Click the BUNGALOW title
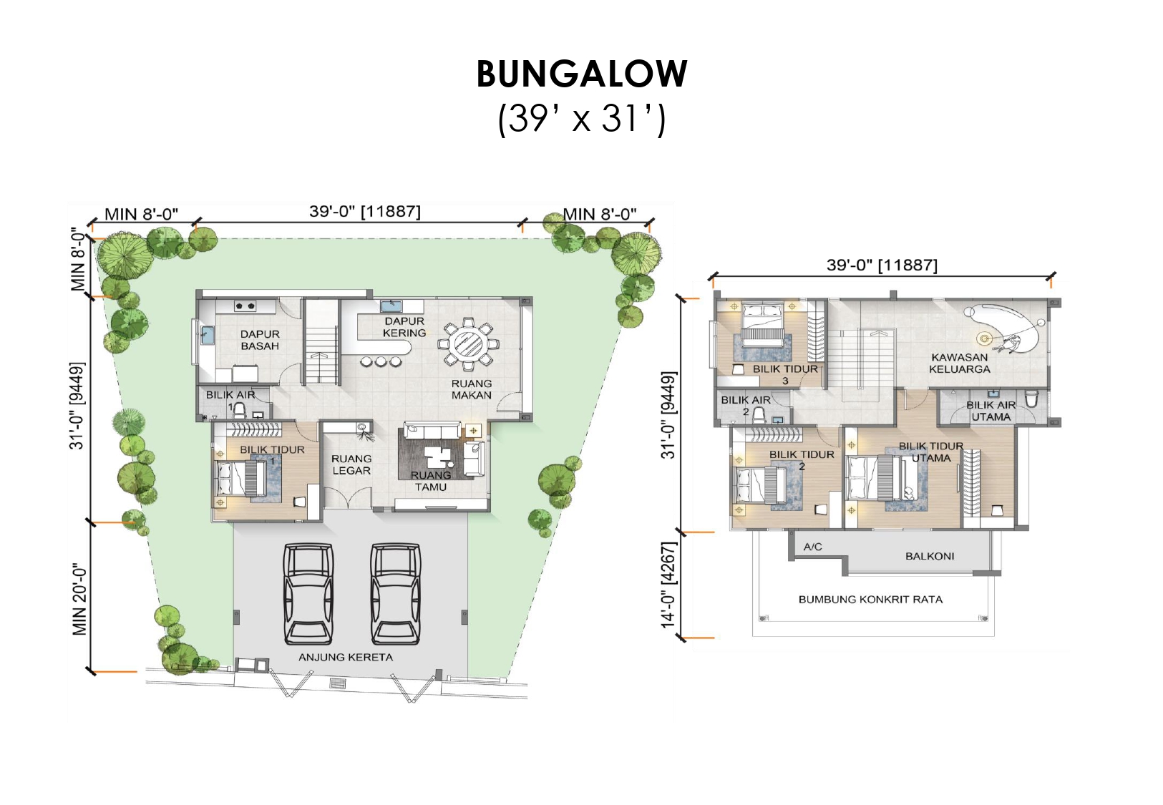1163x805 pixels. click(581, 74)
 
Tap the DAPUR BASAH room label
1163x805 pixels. click(260, 340)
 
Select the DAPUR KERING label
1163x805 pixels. click(404, 327)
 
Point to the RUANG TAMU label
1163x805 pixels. click(430, 481)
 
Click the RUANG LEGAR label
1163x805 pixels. click(351, 464)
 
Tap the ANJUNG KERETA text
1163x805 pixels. click(345, 658)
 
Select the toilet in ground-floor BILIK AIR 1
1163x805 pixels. click(239, 410)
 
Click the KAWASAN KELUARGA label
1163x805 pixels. click(960, 364)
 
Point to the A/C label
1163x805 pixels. click(812, 547)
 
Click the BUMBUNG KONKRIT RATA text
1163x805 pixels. click(871, 600)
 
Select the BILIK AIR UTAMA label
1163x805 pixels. click(991, 411)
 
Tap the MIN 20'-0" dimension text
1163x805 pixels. click(79, 599)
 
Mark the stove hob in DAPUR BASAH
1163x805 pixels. click(245, 306)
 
